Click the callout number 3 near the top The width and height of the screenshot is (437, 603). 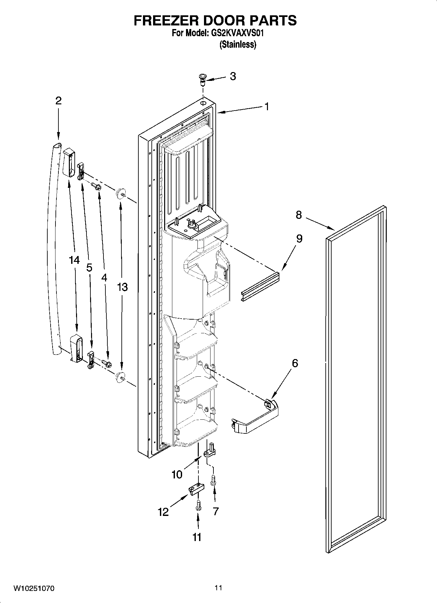(233, 76)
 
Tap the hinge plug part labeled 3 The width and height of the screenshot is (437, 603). (203, 79)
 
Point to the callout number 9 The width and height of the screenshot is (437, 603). (299, 239)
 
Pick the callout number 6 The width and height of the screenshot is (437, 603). (295, 363)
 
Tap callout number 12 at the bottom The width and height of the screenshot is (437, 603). (163, 512)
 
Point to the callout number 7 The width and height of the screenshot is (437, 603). (215, 511)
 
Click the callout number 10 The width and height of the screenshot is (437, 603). (177, 475)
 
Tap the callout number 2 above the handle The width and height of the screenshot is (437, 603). (58, 100)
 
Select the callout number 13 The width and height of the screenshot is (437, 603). (122, 287)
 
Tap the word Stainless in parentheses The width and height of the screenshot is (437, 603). (238, 45)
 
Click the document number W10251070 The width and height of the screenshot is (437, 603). (34, 589)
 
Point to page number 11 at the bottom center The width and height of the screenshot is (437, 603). (218, 588)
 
